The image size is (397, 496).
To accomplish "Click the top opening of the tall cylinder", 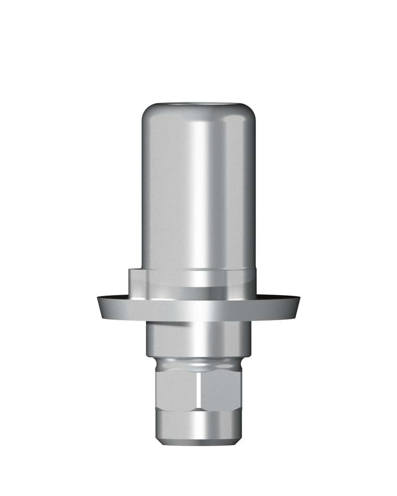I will point(199,104).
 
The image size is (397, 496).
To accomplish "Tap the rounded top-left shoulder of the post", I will point(147,112).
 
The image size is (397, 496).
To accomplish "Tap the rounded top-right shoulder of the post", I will point(251,112).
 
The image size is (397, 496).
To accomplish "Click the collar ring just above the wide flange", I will point(199,286).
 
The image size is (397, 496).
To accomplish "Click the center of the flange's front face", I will point(199,310).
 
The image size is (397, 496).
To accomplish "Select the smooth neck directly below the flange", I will point(199,339).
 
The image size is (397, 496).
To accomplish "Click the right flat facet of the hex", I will point(221,392).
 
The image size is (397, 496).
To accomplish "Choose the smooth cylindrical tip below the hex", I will point(199,426).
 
